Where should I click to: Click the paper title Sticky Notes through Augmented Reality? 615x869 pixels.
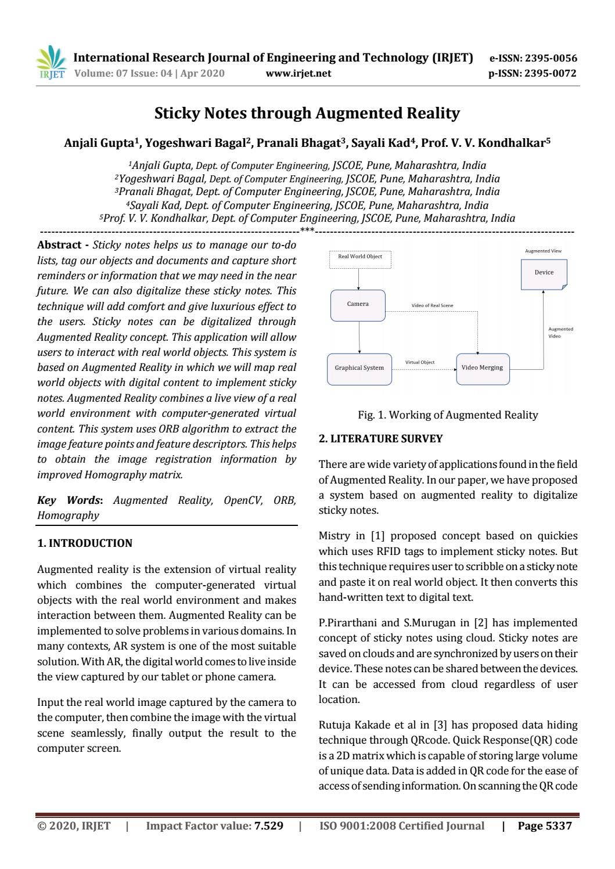(x=307, y=113)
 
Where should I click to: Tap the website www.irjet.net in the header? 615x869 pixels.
(x=298, y=73)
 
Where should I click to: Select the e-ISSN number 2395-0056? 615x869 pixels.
(x=550, y=58)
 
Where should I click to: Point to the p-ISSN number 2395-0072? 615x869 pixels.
(x=550, y=73)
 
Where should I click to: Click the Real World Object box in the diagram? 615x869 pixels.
(x=360, y=257)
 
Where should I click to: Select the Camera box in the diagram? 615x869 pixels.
(x=358, y=305)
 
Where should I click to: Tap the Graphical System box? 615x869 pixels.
(x=359, y=368)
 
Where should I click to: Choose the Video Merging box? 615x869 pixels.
(x=483, y=368)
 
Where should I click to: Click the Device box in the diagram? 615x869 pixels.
(x=544, y=273)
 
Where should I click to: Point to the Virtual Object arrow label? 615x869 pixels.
(x=419, y=362)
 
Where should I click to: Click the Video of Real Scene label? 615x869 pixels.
(x=432, y=305)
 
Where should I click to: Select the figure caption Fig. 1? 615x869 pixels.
(x=448, y=415)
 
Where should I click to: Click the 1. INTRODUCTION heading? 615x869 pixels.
(x=85, y=543)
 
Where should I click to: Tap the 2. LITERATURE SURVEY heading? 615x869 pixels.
(x=380, y=439)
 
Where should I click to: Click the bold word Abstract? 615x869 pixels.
(x=59, y=246)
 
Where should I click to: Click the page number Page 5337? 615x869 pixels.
(x=544, y=826)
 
